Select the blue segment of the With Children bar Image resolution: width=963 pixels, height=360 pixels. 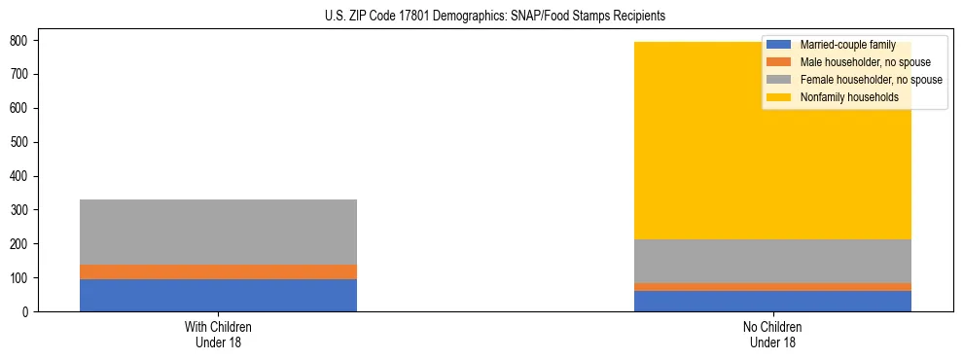pos(218,295)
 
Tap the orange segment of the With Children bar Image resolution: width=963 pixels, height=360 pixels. pos(218,271)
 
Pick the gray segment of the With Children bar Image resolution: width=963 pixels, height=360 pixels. pos(218,232)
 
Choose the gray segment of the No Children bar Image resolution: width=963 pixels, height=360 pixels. pos(773,261)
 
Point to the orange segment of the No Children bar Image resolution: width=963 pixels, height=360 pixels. pos(773,287)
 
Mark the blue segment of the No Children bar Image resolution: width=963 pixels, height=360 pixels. pos(773,301)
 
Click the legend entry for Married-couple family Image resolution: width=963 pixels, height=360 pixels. pos(847,46)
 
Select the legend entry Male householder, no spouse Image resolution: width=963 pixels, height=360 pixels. pos(865,62)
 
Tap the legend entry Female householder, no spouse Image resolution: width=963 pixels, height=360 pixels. pos(871,80)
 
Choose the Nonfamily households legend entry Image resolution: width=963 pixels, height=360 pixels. pos(849,97)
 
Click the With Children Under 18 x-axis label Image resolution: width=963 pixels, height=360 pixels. pos(218,334)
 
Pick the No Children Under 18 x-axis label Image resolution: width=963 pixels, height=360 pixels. pos(773,334)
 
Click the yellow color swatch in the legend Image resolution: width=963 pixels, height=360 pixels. pos(779,97)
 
